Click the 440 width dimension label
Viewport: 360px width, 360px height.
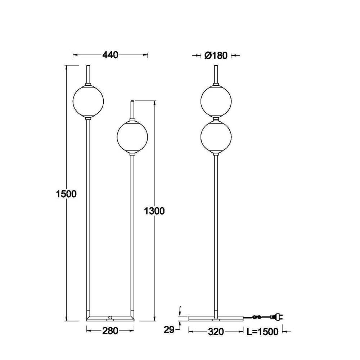pos(110,55)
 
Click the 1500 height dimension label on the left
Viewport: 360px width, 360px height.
pos(66,194)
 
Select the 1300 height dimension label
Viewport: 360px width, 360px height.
pos(154,211)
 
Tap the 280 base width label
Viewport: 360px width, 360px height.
pos(110,331)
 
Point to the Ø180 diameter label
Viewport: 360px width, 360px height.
pos(216,55)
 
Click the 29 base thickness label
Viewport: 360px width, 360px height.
pos(169,330)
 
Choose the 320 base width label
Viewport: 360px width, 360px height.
pos(216,332)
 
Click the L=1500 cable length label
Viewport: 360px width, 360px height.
pos(262,332)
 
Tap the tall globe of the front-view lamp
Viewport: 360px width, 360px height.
pos(88,101)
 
